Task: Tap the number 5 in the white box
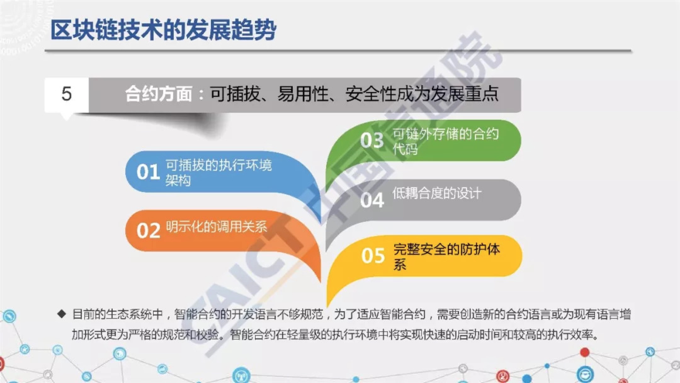point(66,94)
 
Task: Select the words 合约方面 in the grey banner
point(159,94)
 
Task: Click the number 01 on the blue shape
point(148,172)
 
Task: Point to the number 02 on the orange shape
point(148,231)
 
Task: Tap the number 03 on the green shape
point(372,140)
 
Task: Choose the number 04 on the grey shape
point(372,200)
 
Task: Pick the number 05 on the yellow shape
point(373,255)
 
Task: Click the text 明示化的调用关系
point(217,226)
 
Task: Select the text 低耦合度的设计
point(437,193)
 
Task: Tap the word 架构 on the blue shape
point(178,180)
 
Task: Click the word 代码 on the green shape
point(405,149)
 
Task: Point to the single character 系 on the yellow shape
point(400,264)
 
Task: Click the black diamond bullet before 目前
point(62,314)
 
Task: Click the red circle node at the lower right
point(585,352)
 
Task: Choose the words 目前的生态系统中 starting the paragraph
point(117,314)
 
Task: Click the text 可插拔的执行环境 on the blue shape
point(219,165)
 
